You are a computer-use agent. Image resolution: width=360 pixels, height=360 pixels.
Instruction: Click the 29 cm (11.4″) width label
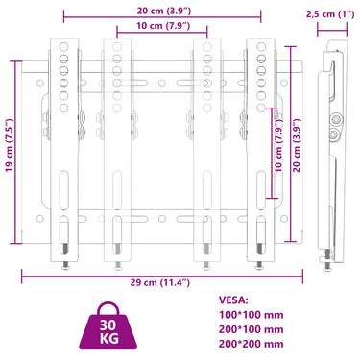tap(159, 282)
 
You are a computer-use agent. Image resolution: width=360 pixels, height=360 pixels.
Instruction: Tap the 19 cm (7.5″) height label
tap(10, 145)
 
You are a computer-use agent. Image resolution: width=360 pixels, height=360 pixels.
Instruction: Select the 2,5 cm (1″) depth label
tap(330, 14)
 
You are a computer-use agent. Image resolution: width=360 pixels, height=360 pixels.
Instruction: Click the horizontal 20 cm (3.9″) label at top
tap(164, 11)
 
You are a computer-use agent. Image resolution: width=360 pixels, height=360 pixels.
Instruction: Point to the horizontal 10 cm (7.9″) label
tap(163, 26)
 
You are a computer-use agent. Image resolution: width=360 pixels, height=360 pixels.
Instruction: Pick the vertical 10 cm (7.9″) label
tap(279, 145)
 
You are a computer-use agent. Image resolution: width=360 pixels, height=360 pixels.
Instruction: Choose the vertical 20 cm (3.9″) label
tap(297, 145)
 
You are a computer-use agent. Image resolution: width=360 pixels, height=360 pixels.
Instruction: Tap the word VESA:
tap(233, 300)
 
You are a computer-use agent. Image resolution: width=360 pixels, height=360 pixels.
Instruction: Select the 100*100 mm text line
tap(252, 315)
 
